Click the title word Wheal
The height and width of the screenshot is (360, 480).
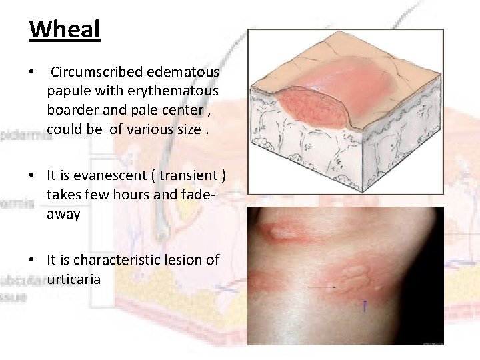coord(65,30)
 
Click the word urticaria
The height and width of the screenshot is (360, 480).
coord(74,279)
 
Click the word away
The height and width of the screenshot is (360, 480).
coord(64,215)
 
